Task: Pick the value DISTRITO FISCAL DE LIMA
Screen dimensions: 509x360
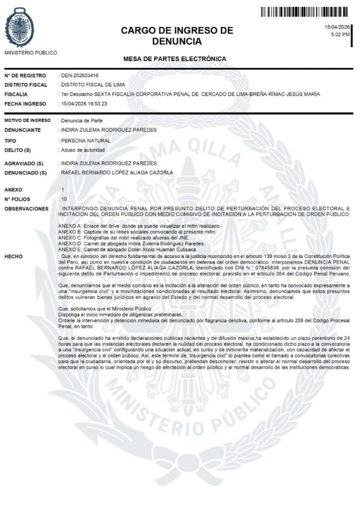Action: (92, 85)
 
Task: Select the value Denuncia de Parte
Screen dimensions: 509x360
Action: (81, 121)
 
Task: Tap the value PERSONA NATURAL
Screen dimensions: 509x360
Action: (85, 141)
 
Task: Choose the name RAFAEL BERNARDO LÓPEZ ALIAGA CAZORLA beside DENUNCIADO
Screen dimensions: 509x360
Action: (116, 172)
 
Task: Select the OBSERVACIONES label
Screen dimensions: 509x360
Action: (26, 209)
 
